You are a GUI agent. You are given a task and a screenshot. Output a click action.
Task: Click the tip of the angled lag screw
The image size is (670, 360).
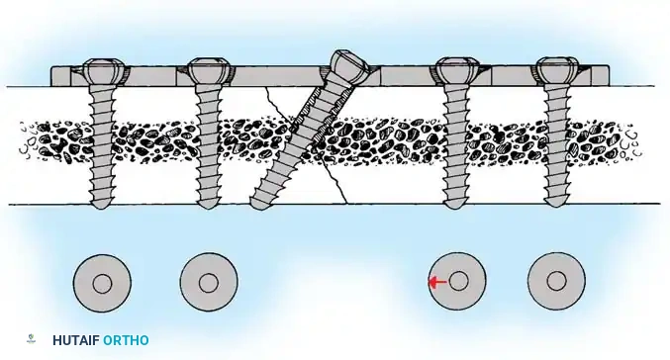click(x=260, y=203)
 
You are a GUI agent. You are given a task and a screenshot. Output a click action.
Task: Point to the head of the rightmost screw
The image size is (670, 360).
click(x=555, y=72)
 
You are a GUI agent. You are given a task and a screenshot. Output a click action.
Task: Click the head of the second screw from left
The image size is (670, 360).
click(x=208, y=72)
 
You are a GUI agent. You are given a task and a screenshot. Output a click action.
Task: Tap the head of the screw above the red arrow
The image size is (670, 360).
click(x=454, y=72)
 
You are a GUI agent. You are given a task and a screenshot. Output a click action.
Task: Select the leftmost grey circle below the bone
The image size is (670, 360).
click(x=102, y=283)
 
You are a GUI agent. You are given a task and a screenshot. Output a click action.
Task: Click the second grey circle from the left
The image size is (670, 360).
click(x=208, y=283)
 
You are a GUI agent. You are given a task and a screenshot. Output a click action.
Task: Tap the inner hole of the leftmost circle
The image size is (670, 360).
click(x=102, y=283)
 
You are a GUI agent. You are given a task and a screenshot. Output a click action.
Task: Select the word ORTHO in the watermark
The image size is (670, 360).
click(x=126, y=340)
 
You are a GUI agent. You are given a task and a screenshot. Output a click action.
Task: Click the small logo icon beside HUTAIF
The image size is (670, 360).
click(x=32, y=340)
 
